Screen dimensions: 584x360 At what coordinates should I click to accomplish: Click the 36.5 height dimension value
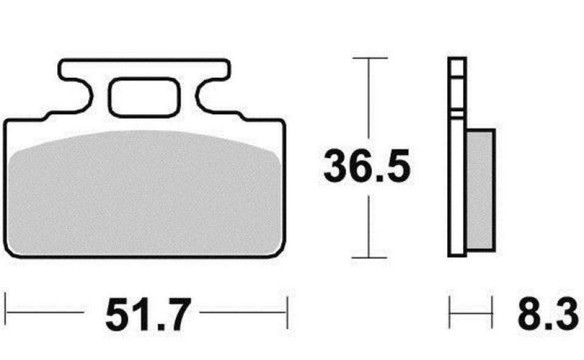[367, 166]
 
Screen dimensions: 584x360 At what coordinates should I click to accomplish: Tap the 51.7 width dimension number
[148, 314]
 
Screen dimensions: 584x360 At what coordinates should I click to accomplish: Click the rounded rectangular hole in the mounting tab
[145, 97]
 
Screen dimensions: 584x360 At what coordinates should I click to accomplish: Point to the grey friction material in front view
[145, 193]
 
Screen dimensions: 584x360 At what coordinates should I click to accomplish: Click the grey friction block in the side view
[480, 190]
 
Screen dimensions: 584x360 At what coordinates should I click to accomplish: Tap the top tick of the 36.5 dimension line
[369, 58]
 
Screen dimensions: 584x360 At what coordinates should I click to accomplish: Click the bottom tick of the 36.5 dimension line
[369, 257]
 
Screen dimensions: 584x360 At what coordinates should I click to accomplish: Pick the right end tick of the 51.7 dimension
[287, 312]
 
